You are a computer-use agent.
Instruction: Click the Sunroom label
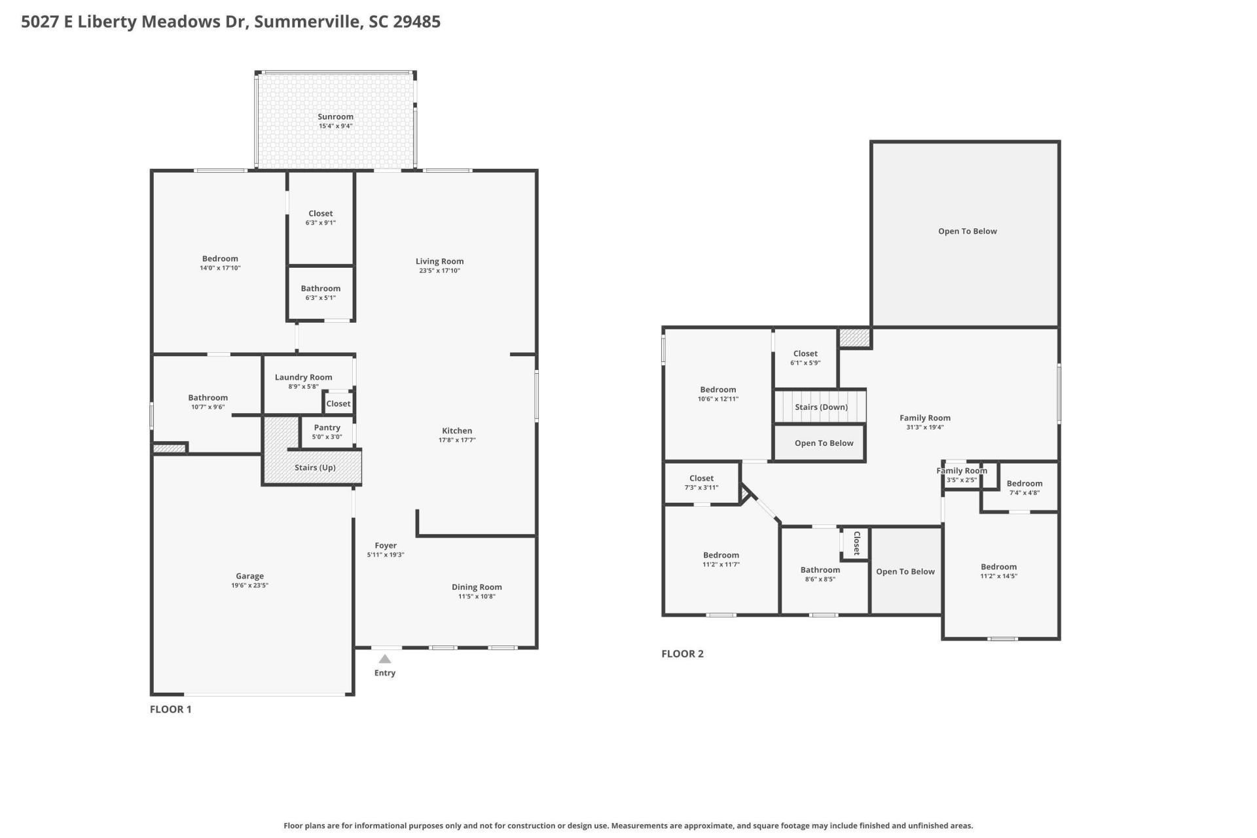[x=335, y=117]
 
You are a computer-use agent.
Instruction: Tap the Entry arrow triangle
[x=385, y=659]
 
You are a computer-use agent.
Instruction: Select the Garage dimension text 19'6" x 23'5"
[x=249, y=585]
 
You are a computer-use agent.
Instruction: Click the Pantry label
[x=327, y=428]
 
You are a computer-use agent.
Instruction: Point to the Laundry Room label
[x=303, y=377]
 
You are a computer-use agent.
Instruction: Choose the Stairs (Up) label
[x=315, y=467]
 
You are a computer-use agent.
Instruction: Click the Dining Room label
[x=477, y=587]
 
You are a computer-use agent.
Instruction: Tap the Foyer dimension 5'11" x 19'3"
[x=386, y=555]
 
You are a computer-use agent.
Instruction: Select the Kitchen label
[x=457, y=431]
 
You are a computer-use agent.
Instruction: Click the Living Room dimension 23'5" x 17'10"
[x=439, y=270]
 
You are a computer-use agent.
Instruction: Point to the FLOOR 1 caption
[x=171, y=709]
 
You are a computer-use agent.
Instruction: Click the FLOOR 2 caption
[x=682, y=653]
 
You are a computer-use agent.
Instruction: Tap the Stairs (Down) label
[x=821, y=407]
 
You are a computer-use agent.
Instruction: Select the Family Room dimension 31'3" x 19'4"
[x=924, y=427]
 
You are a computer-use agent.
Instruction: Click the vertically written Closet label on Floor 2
[x=856, y=543]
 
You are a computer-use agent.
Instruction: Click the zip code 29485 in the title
[x=416, y=22]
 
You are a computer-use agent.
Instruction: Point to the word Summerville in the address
[x=308, y=22]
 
